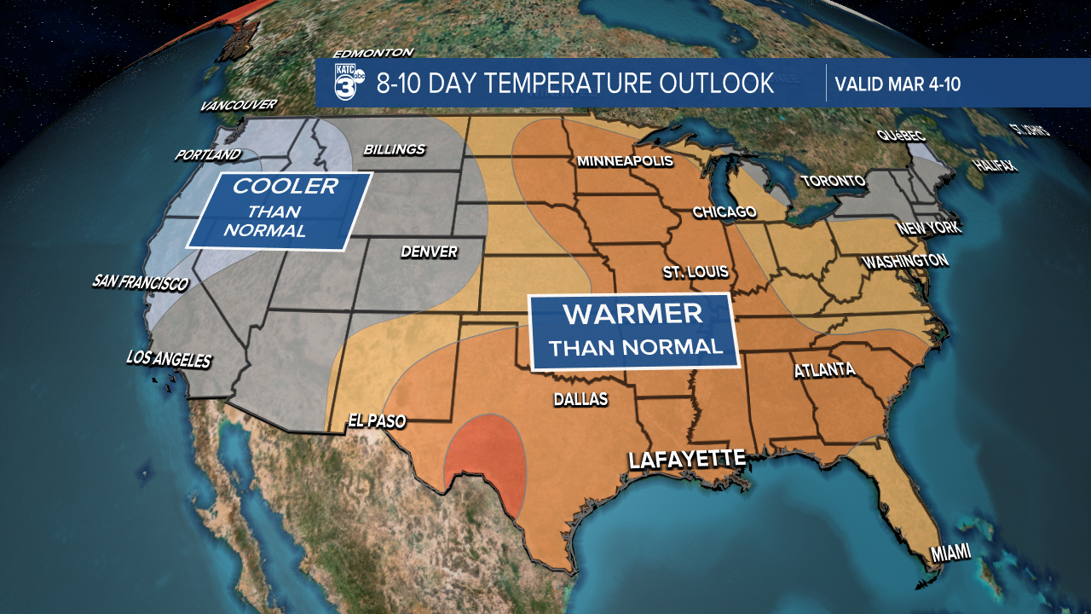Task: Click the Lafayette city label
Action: tap(687, 459)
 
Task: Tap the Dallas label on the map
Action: tap(580, 399)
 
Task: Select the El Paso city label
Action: tap(376, 420)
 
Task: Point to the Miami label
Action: tap(950, 553)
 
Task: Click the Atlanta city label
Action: tap(824, 370)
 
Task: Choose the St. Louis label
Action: tap(696, 272)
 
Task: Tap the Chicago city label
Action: tap(724, 211)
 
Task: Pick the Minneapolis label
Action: tap(625, 161)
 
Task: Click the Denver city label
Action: tap(429, 252)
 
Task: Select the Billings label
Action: tap(394, 149)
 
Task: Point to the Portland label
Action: tap(208, 155)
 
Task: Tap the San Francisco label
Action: tap(140, 283)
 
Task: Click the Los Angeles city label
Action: tap(168, 360)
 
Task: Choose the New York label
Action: tap(928, 229)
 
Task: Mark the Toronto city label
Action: tap(834, 181)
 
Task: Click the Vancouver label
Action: tap(239, 106)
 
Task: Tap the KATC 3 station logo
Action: tap(350, 83)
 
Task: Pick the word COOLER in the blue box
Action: tap(286, 186)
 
